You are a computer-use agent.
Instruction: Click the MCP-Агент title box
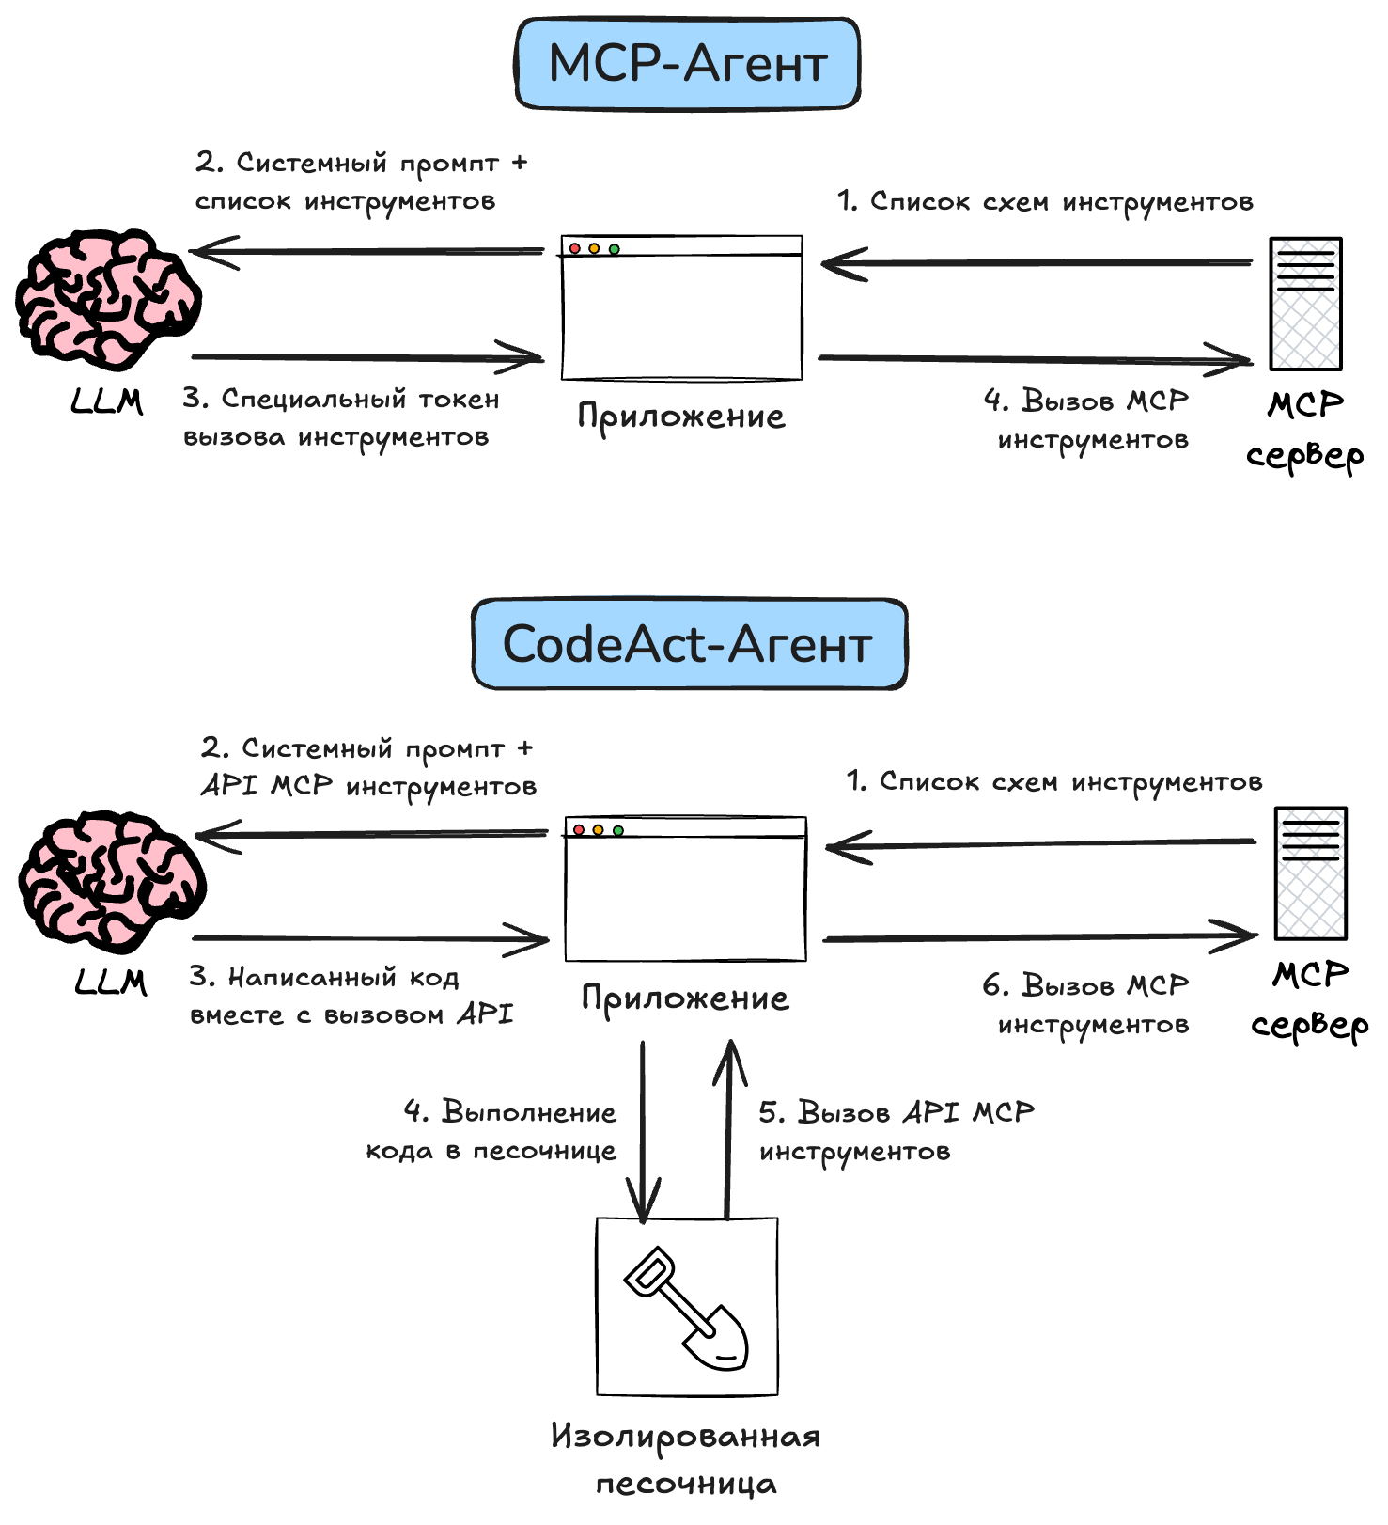(x=688, y=63)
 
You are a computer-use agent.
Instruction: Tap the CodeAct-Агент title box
(x=689, y=645)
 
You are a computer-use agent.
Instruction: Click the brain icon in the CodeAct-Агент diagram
(x=111, y=880)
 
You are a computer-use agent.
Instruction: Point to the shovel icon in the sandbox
(x=688, y=1309)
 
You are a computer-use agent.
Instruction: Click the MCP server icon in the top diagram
(x=1305, y=304)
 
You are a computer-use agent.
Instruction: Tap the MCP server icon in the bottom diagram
(x=1310, y=873)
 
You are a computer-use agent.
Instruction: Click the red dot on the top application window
(x=575, y=248)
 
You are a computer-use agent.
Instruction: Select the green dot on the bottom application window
(x=618, y=830)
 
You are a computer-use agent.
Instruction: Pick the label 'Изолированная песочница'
(x=686, y=1459)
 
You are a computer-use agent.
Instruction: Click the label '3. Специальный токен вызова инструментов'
(x=340, y=418)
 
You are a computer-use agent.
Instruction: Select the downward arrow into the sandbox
(x=643, y=1128)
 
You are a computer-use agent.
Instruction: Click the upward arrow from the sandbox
(x=729, y=1128)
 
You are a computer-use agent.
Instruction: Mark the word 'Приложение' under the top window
(x=681, y=417)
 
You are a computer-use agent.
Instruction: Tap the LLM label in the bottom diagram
(x=111, y=983)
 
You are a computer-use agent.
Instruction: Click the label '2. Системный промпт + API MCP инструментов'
(x=368, y=767)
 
